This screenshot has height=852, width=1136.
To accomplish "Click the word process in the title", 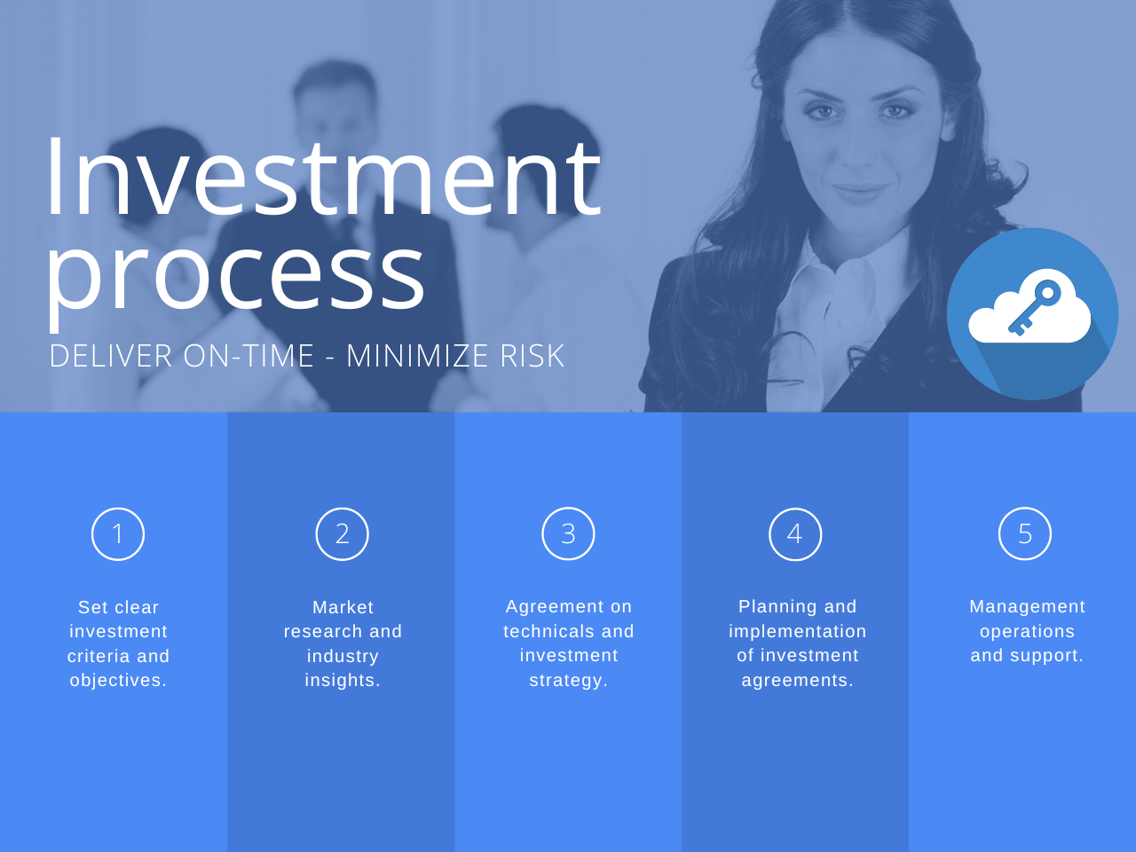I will coord(236,275).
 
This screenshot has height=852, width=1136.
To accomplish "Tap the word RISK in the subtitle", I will coord(532,357).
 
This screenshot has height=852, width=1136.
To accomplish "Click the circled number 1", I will coord(118,534).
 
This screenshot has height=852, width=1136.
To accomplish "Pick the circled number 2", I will coord(343,534).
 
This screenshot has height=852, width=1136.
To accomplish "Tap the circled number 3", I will coord(568,534).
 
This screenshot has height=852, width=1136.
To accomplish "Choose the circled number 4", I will coord(795,534).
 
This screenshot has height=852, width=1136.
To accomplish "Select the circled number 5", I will coord(1025,534).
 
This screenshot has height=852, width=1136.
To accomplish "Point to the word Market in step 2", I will coord(343,608).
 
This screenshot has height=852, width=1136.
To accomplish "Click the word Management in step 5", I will coord(1027,607).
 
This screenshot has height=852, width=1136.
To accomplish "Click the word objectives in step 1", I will coord(118,681).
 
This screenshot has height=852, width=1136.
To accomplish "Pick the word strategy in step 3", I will coord(568,681).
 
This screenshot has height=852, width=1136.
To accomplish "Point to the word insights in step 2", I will coord(343,681).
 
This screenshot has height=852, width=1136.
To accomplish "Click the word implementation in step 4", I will coord(797,632).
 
